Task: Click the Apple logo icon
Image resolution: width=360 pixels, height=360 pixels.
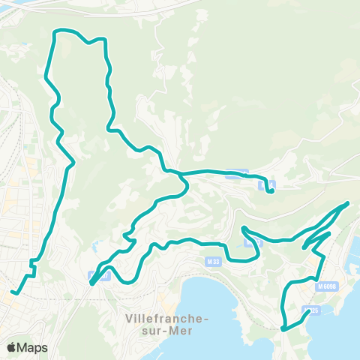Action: (12, 347)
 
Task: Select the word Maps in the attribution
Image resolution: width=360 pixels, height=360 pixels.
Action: (33, 347)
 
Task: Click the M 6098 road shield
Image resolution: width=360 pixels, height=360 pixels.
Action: (326, 286)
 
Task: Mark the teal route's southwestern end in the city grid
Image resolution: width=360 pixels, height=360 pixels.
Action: (13, 292)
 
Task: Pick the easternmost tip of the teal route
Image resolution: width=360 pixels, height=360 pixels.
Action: (348, 203)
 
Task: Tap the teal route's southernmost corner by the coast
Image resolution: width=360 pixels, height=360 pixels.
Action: (283, 328)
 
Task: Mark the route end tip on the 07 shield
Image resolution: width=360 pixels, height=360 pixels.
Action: (91, 283)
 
